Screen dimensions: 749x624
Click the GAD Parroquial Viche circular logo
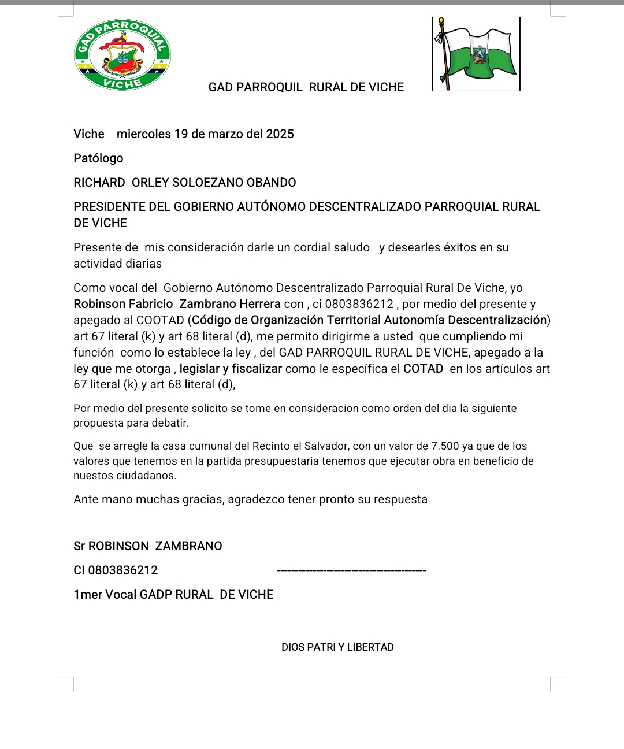point(122,55)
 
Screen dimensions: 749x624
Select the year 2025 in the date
point(280,134)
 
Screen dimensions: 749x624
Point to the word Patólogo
point(98,158)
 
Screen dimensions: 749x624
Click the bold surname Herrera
point(258,304)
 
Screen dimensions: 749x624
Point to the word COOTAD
point(160,320)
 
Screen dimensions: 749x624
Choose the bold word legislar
point(199,369)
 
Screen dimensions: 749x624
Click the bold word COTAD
point(423,369)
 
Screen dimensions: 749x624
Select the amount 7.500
point(445,446)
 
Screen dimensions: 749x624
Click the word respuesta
point(400,499)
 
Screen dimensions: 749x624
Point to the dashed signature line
point(351,570)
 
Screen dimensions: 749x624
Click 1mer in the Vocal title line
point(87,595)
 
